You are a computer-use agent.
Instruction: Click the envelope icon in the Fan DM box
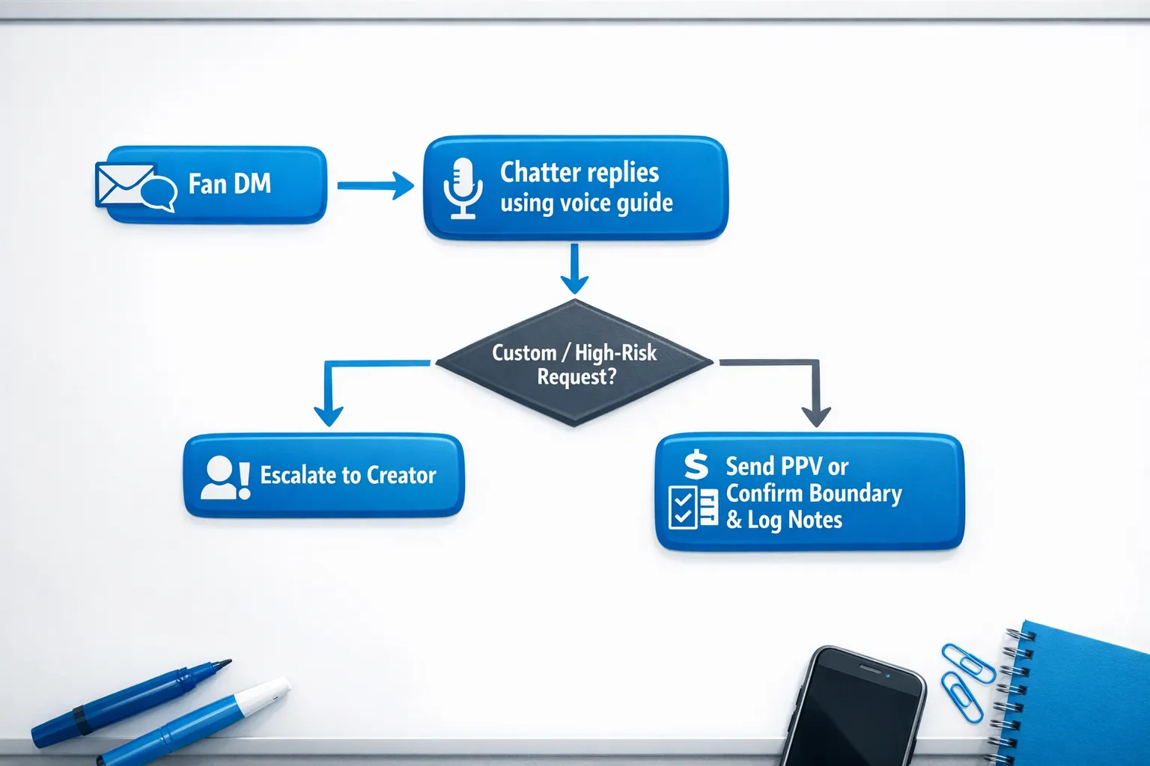pos(124,184)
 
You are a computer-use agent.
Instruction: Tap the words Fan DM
pos(229,184)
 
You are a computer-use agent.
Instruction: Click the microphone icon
pos(463,187)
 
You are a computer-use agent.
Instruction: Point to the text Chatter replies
pos(579,172)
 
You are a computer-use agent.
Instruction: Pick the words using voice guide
pos(586,203)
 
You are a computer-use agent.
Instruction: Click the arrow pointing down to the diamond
pos(574,269)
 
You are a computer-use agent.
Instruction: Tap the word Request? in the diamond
pos(576,376)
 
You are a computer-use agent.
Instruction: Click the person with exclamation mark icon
pos(225,478)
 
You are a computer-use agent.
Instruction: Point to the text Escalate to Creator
pos(348,476)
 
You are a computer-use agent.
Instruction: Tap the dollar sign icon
pos(696,465)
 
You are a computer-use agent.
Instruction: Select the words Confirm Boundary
pos(814,494)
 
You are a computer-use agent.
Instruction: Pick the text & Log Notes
pos(784,520)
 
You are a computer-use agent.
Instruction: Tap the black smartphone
pos(854,707)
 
